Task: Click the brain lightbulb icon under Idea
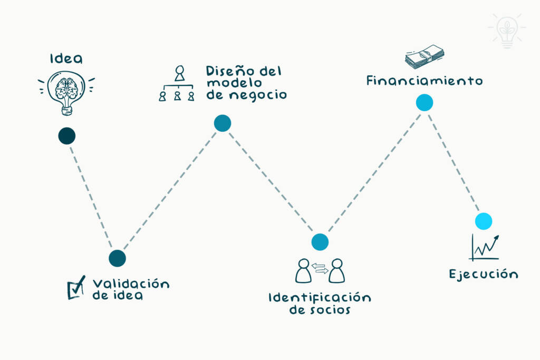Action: click(x=66, y=93)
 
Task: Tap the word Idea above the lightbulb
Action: click(x=66, y=58)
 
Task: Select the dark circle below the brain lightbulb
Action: click(x=67, y=136)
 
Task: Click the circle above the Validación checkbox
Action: click(x=117, y=258)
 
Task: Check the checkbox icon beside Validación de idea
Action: click(x=76, y=288)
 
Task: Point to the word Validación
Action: click(x=131, y=284)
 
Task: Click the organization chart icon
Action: click(x=177, y=84)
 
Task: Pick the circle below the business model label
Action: click(x=223, y=123)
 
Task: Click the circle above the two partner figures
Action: click(x=320, y=242)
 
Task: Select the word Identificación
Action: click(x=320, y=297)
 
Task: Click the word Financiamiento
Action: click(x=424, y=81)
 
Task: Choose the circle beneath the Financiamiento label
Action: click(x=424, y=103)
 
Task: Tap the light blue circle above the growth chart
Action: click(x=483, y=221)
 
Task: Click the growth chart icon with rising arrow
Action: click(x=484, y=248)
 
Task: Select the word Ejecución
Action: click(x=483, y=274)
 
